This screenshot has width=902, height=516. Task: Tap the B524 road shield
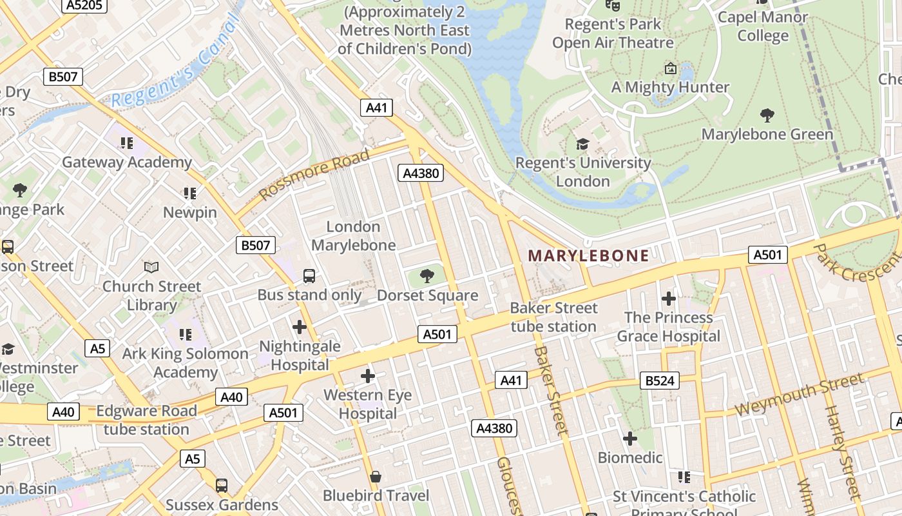660,381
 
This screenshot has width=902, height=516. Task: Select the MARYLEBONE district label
588,255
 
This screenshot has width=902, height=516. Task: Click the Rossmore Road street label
314,174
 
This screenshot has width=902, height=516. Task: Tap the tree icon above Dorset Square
427,277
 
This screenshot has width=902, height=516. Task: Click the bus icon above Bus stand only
309,276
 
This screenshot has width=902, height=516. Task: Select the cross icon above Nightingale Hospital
300,327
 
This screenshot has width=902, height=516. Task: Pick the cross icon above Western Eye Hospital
368,375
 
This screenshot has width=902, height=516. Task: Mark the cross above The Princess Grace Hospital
669,299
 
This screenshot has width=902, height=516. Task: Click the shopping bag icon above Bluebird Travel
376,477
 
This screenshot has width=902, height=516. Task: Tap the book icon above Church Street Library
151,267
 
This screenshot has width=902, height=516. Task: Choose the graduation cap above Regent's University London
582,144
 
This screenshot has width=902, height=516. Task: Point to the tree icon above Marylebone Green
767,115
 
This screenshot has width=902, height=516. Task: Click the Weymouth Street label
798,393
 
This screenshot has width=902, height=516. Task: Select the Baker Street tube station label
553,317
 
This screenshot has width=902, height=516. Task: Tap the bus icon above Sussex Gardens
222,485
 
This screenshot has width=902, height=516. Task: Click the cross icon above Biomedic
630,439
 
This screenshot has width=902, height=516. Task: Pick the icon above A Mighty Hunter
670,68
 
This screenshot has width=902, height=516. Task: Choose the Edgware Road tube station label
146,420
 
